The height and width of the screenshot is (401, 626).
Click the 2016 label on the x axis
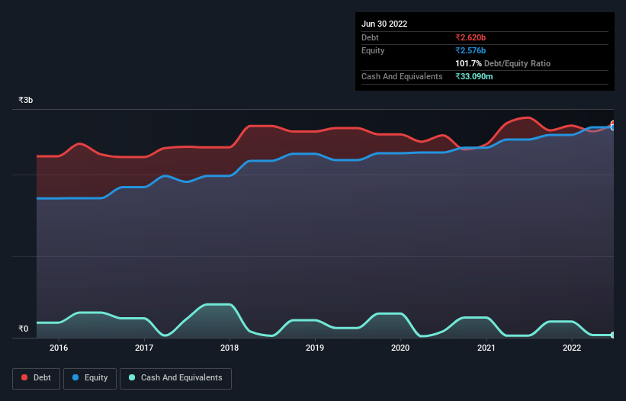click(x=59, y=348)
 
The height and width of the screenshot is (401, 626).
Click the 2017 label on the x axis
click(x=144, y=348)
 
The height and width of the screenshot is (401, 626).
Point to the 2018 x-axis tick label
click(x=230, y=348)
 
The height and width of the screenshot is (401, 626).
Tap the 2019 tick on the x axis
click(x=315, y=348)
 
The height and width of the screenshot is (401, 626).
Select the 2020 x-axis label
click(x=400, y=348)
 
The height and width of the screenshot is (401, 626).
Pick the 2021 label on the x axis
click(x=486, y=348)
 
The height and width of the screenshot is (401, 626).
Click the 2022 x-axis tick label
click(x=571, y=348)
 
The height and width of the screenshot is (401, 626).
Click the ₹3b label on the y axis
click(x=26, y=101)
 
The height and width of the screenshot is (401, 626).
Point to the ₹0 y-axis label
click(x=23, y=329)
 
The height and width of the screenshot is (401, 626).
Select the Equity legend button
click(x=90, y=377)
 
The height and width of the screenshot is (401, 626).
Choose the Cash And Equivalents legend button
click(x=175, y=377)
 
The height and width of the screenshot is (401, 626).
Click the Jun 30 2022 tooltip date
click(x=384, y=24)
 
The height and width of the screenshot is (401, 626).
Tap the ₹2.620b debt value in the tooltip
click(x=475, y=37)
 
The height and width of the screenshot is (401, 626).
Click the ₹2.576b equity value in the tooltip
click(x=475, y=50)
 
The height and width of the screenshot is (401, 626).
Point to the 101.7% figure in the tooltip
click(x=468, y=64)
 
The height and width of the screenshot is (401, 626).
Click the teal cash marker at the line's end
click(x=613, y=335)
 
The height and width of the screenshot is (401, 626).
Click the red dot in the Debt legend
click(x=25, y=377)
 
